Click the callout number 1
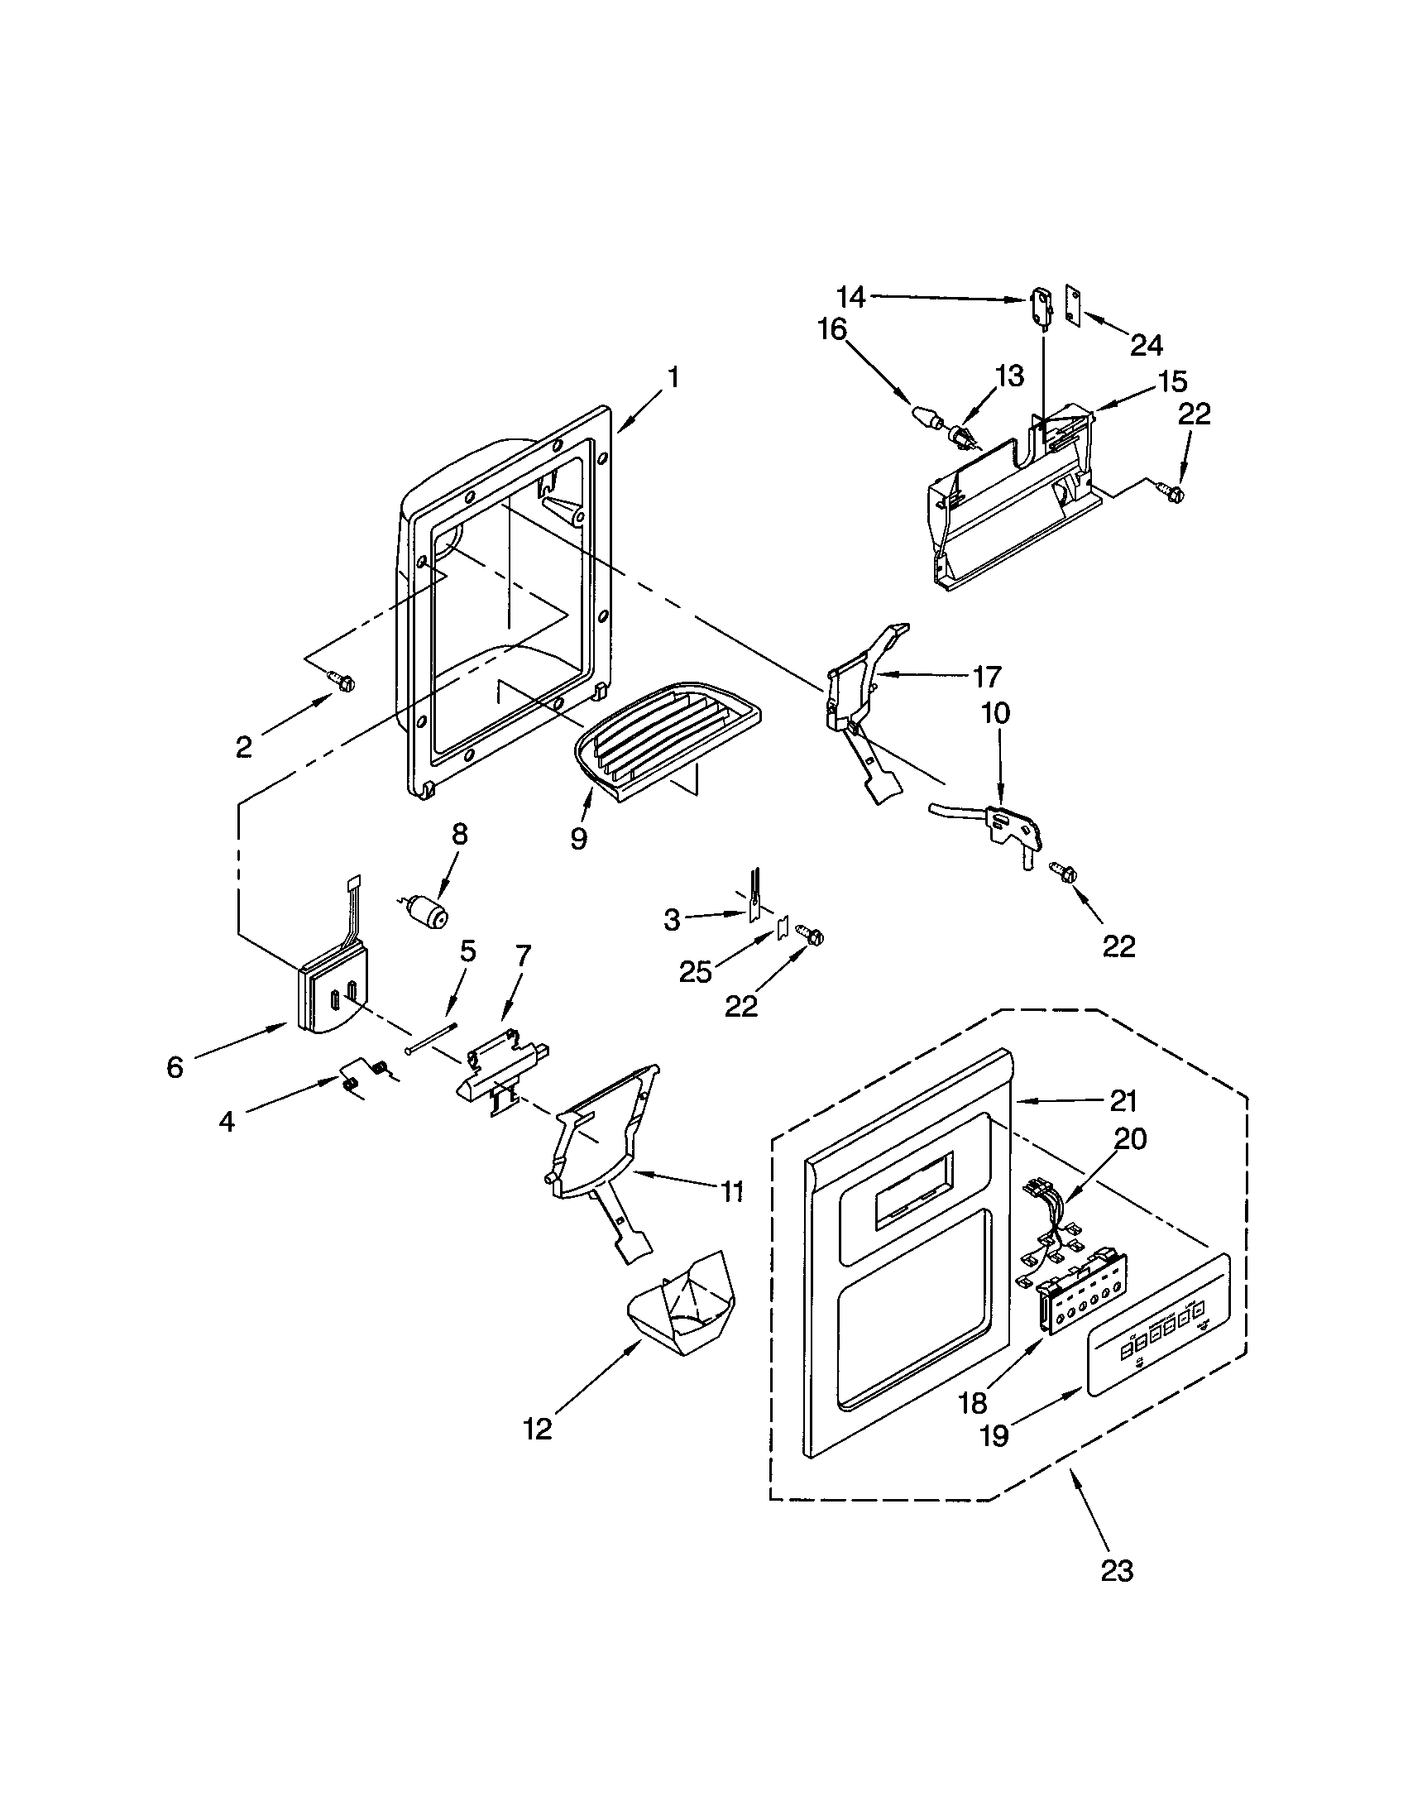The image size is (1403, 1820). coord(673,379)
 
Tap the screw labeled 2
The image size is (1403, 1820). coord(342,681)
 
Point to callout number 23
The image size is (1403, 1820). coord(1117,1570)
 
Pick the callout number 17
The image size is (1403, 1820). coord(987,677)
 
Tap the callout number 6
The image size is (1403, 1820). coord(174,1067)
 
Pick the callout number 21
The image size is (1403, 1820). coord(1123,1101)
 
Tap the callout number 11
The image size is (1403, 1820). coord(731,1192)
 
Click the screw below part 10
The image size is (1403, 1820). coord(1060,874)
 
